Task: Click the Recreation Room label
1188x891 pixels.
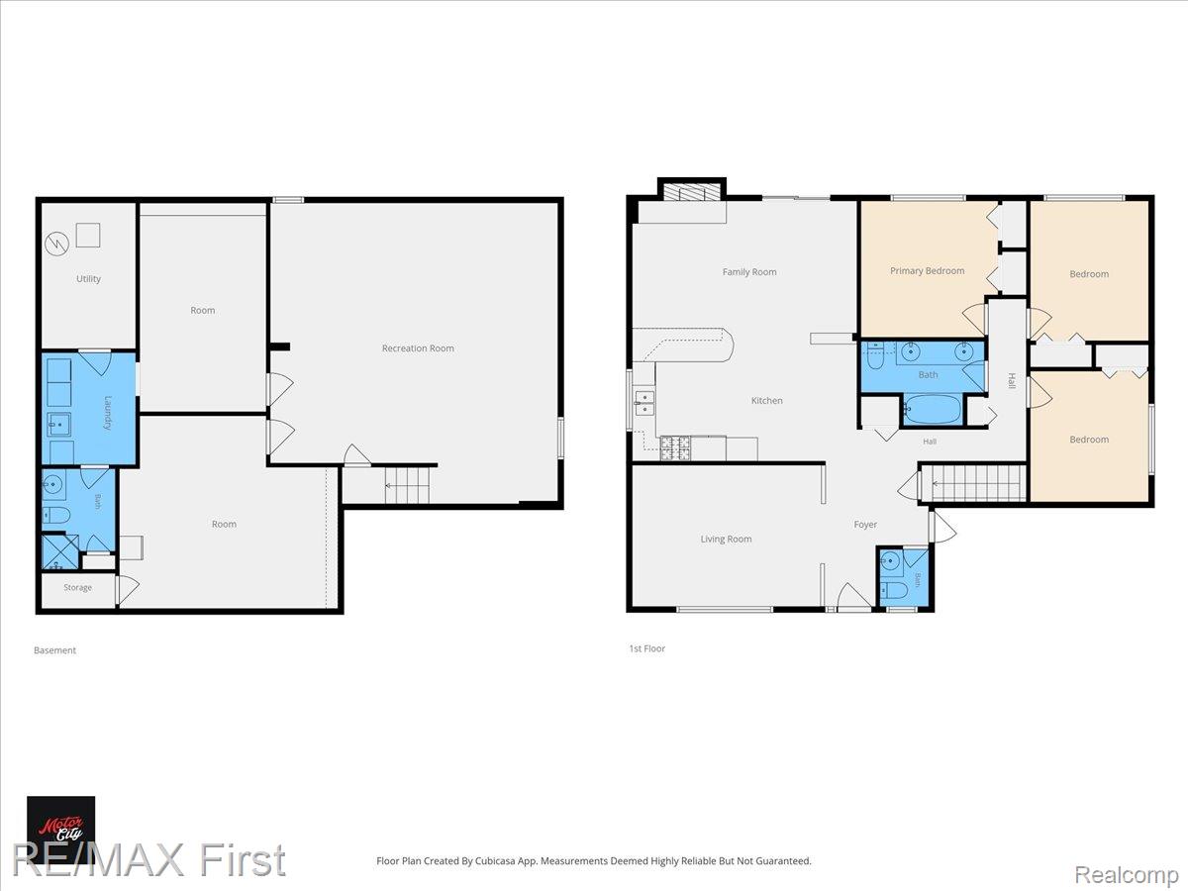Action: (x=418, y=348)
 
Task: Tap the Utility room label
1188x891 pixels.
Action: (x=88, y=278)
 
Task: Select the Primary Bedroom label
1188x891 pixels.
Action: (x=927, y=270)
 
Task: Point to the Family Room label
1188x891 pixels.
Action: (x=749, y=271)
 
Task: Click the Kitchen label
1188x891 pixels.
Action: (x=766, y=400)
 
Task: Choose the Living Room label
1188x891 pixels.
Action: (x=726, y=539)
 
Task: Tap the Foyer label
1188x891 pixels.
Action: (x=865, y=525)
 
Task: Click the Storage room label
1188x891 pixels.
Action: (x=77, y=587)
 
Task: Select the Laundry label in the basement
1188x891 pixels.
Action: (x=108, y=413)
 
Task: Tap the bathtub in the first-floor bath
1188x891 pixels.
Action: (x=932, y=409)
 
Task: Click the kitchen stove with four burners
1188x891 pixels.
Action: (x=675, y=447)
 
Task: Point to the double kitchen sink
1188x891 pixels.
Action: (x=644, y=403)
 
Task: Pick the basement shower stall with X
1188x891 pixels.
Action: (x=60, y=552)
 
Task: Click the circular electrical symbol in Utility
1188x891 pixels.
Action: (x=56, y=244)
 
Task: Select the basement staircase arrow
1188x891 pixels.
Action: (x=407, y=486)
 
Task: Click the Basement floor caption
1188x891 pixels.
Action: (x=54, y=650)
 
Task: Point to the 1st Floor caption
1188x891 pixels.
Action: (x=646, y=648)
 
